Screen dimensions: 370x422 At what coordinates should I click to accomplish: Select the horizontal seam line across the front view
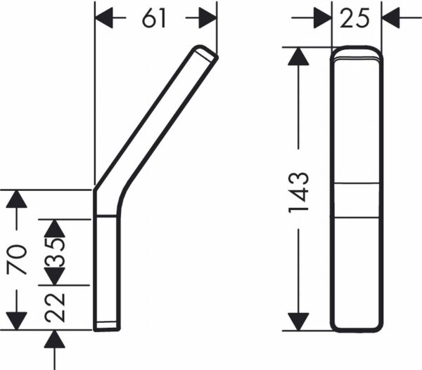coord(356,184)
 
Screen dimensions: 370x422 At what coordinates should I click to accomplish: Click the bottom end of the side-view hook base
coord(107,327)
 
